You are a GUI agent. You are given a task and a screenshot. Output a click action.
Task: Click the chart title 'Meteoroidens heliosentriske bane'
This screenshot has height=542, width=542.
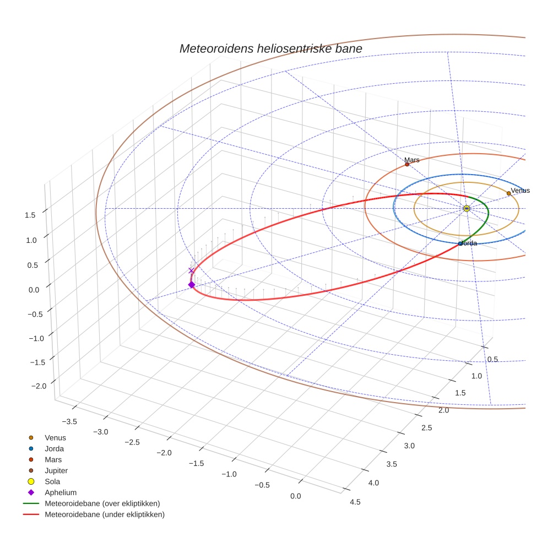coord(270,48)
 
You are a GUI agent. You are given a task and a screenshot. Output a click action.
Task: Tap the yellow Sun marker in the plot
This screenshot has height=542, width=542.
coord(467,208)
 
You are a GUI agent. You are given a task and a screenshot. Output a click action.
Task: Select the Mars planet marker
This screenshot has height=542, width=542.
coord(407,164)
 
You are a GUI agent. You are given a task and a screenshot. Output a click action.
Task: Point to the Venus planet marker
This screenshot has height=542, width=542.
coord(508,193)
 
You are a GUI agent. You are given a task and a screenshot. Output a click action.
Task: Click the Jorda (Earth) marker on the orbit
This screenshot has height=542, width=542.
coord(460,243)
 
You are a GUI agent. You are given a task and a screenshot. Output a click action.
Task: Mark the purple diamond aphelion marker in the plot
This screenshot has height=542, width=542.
coord(191,285)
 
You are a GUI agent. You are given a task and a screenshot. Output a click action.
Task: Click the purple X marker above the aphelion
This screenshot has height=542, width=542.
coord(191,270)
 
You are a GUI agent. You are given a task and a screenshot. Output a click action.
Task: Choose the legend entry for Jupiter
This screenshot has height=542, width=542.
coord(56,470)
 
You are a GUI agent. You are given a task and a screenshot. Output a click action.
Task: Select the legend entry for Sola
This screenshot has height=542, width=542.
coord(52,481)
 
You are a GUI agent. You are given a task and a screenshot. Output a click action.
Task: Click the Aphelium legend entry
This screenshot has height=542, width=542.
coord(60,492)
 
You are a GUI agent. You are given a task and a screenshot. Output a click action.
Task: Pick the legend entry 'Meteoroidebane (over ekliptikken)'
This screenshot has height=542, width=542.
coord(102,503)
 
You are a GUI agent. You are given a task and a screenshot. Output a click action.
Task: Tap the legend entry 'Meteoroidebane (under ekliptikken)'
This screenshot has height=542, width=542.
coord(105,514)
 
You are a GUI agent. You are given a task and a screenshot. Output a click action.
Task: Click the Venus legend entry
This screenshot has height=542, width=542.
coord(55,437)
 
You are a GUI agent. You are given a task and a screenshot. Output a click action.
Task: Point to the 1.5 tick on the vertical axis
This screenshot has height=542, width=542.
coord(31,215)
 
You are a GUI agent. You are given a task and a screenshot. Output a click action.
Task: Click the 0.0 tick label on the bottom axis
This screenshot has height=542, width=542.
coord(295,496)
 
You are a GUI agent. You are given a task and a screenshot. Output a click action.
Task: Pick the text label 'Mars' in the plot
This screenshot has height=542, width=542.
coord(411,160)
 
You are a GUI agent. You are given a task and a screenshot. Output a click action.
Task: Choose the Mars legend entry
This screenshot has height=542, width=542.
coord(53,459)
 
